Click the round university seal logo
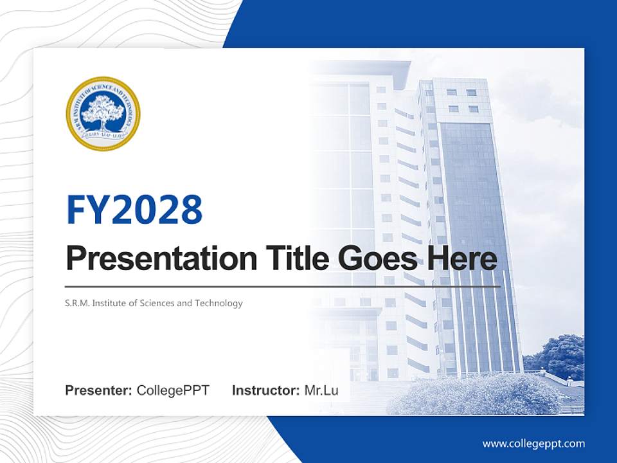tap(103, 114)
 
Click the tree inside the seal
tap(103, 111)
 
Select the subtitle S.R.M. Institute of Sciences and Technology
tap(154, 303)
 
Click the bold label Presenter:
tap(99, 390)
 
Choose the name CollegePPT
tap(173, 390)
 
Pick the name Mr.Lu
tap(321, 390)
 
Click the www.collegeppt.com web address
tap(533, 443)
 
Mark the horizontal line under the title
tap(283, 287)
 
